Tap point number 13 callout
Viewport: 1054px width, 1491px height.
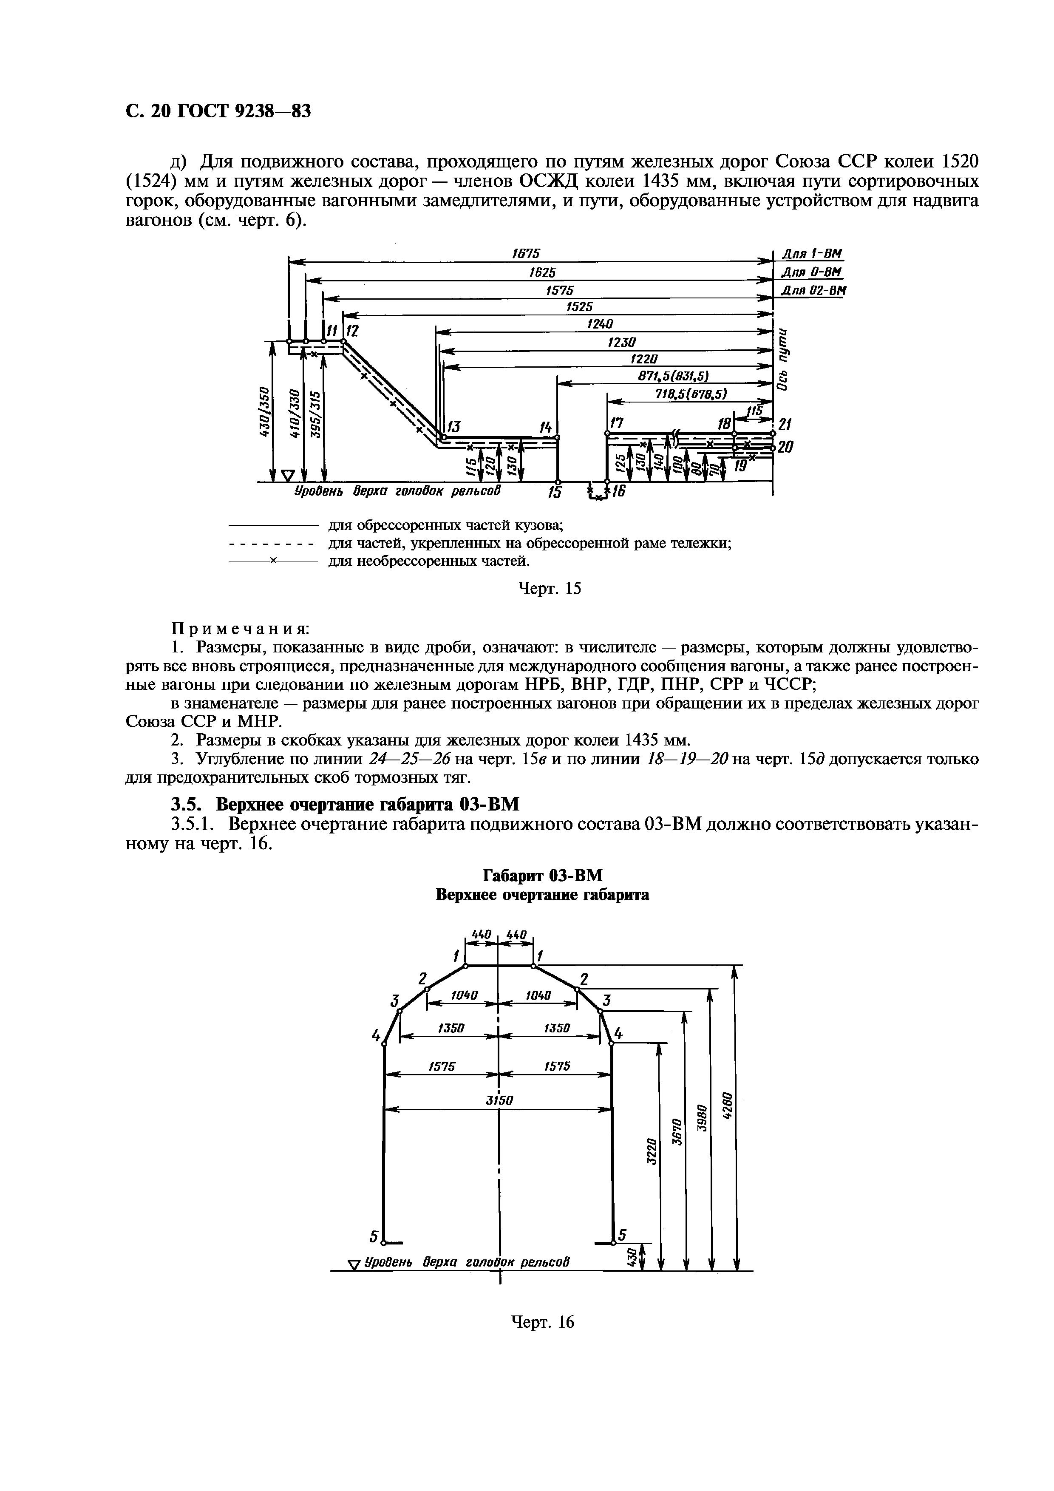coord(453,427)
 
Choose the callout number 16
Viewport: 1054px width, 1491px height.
coord(618,492)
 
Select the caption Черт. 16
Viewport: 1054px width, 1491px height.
coord(543,1322)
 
